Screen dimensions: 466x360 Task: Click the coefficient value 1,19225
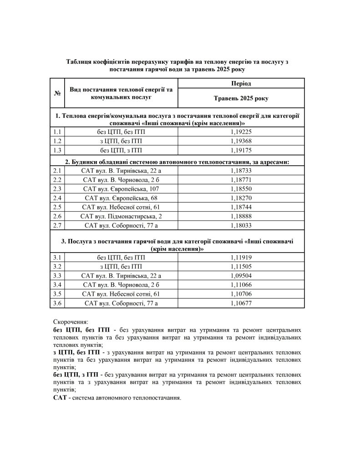(241, 132)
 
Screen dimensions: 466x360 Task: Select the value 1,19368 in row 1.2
(241, 141)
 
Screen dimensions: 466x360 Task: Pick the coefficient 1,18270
(241, 198)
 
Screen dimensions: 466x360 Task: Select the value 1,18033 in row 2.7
(241, 225)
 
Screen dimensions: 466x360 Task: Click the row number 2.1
(57, 171)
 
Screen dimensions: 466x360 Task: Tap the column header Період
(241, 83)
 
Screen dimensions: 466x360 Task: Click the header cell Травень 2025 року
(241, 98)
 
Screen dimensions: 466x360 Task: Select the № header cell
(57, 93)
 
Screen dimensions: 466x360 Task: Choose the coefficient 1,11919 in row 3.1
(241, 258)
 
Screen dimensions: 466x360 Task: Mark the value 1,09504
(241, 276)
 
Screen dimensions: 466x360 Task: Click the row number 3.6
(57, 303)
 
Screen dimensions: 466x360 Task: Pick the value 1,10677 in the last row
(241, 303)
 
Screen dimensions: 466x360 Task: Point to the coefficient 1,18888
(241, 216)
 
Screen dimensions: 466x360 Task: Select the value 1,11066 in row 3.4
(241, 285)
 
